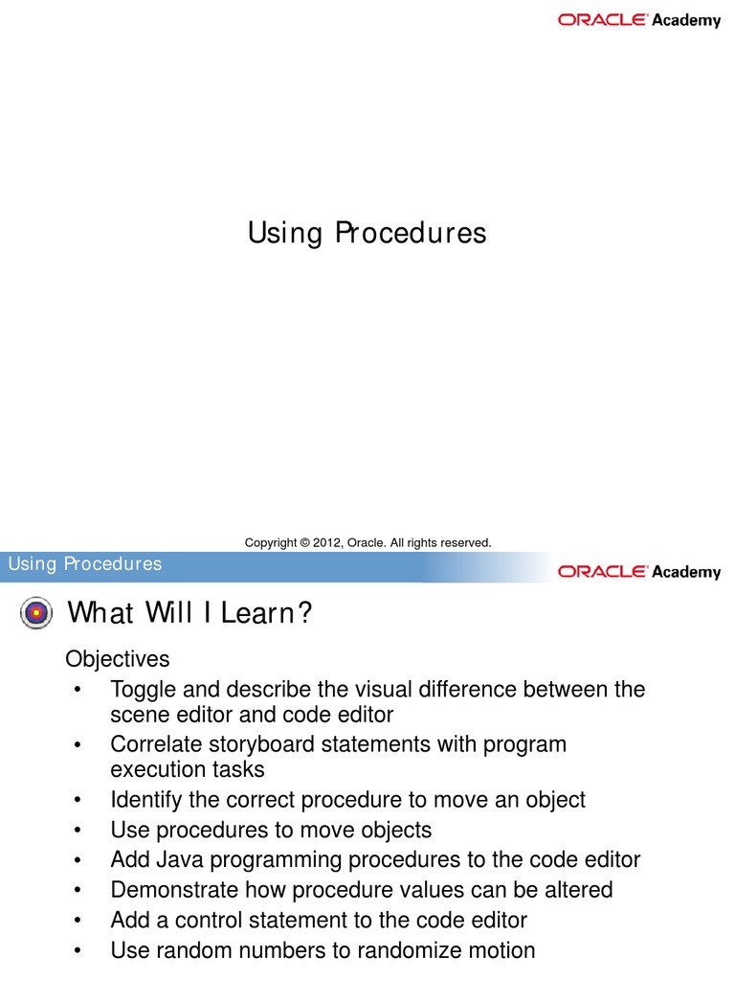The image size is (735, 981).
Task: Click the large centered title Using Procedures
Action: pyautogui.click(x=367, y=233)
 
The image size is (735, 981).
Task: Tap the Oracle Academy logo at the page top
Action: pyautogui.click(x=639, y=20)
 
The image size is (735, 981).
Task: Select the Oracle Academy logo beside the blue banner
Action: pyautogui.click(x=639, y=572)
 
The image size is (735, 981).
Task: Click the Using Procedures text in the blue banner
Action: pyautogui.click(x=85, y=563)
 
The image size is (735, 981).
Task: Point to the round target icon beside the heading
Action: pyautogui.click(x=35, y=613)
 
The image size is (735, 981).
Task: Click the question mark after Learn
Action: pyautogui.click(x=305, y=613)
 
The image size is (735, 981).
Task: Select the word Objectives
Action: pyautogui.click(x=117, y=659)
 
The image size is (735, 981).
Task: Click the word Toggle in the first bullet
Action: pyautogui.click(x=142, y=689)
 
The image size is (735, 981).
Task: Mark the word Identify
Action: pyautogui.click(x=145, y=799)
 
